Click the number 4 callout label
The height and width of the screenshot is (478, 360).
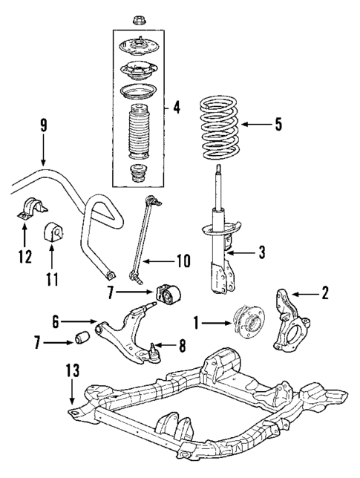[x=176, y=108]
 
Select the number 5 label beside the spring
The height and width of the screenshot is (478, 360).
[x=278, y=124]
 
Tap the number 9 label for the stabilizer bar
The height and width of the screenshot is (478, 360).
[x=43, y=126]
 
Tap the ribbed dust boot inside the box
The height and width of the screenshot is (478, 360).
[x=136, y=134]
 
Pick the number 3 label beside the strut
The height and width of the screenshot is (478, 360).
[x=261, y=254]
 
